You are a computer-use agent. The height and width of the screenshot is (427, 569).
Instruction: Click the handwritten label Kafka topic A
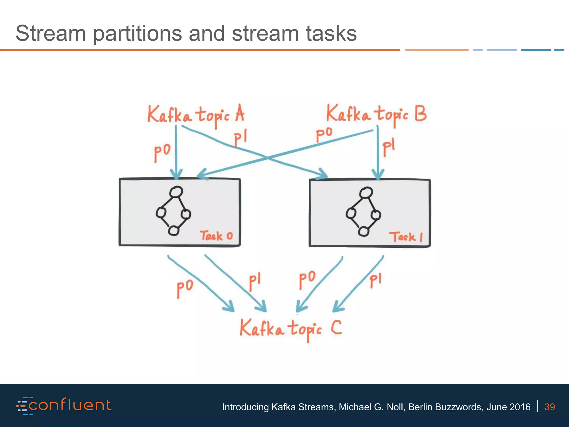(x=196, y=115)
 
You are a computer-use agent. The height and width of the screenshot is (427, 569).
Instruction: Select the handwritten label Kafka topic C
(x=291, y=329)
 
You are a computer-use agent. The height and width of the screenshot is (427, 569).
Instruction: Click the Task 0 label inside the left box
(x=216, y=236)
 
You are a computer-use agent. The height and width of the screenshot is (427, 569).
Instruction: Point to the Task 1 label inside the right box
(x=406, y=237)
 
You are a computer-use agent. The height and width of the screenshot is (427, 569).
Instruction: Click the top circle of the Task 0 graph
(x=176, y=192)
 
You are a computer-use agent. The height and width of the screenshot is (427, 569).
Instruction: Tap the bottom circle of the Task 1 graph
(x=364, y=231)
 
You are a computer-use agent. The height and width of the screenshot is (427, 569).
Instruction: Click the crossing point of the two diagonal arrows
(x=267, y=158)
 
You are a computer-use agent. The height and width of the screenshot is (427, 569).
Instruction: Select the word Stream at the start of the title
(x=51, y=33)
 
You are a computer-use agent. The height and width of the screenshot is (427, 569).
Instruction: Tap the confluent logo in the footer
(x=64, y=406)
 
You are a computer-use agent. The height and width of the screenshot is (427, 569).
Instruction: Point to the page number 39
(x=550, y=407)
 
